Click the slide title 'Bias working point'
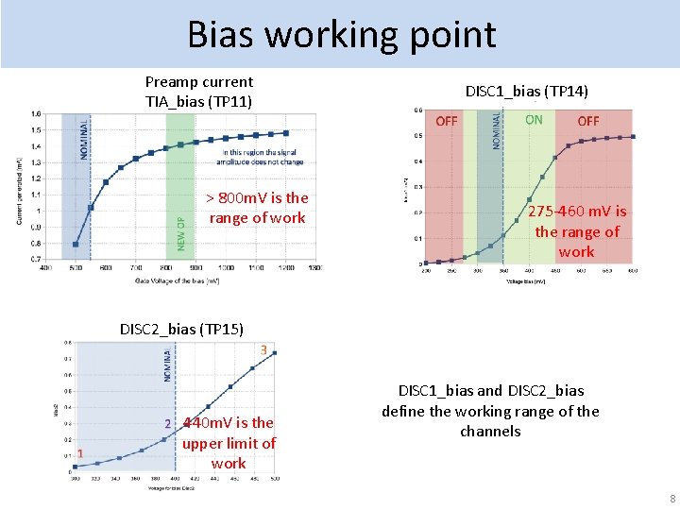point(341,34)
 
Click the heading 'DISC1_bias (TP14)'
point(527,91)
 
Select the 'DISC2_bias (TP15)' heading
point(181,329)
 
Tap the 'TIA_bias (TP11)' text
point(198,101)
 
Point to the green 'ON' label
point(534,120)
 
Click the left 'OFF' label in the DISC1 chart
point(447,121)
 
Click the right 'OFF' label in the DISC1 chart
point(587,121)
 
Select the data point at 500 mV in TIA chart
point(76,245)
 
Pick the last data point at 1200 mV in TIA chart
point(285,133)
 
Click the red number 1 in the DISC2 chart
point(80,453)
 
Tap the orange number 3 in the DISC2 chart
point(263,349)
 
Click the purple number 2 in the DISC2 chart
point(167,424)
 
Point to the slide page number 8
point(671,499)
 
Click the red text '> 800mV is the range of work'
point(257,208)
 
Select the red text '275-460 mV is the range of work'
point(576,231)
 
